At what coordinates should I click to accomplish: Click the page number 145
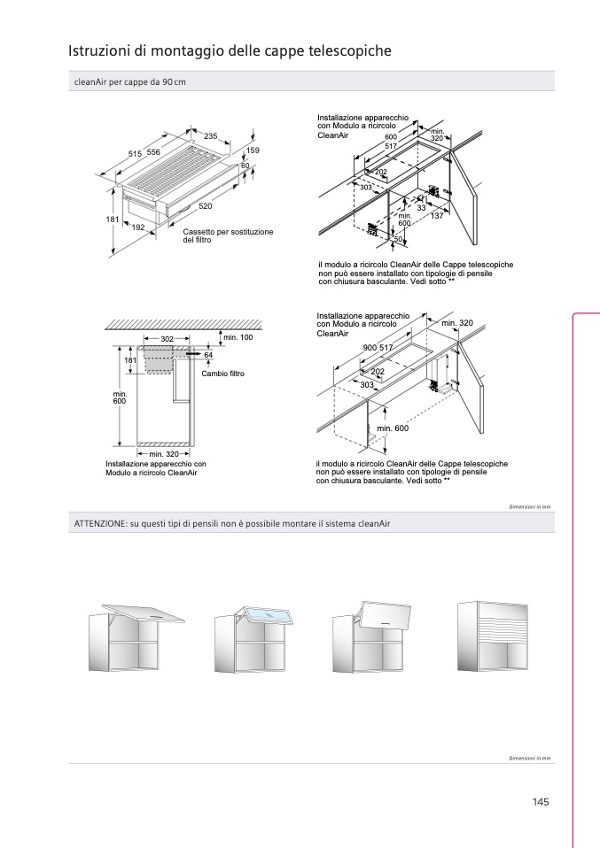click(541, 802)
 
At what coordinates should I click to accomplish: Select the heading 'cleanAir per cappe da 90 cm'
click(130, 82)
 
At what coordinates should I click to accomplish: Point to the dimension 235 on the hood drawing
click(211, 136)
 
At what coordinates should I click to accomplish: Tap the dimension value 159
click(253, 150)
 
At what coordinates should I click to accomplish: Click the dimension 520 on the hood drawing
click(206, 206)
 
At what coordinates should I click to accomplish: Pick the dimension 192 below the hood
click(138, 227)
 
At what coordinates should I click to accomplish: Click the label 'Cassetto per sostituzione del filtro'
click(228, 235)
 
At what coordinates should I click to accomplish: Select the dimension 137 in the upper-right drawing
click(437, 216)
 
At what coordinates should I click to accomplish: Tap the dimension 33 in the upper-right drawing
click(421, 207)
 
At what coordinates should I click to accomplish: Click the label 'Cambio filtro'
click(223, 374)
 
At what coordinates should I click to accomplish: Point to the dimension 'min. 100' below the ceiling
click(238, 337)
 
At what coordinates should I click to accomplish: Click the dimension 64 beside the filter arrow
click(208, 355)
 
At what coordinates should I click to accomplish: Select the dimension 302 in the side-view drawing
click(167, 339)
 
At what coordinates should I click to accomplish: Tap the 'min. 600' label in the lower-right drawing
click(394, 428)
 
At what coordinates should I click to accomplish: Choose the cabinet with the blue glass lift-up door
click(254, 639)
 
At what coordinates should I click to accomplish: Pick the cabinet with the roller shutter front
click(492, 636)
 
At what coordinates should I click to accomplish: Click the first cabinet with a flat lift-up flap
click(136, 637)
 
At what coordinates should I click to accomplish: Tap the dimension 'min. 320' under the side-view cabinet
click(164, 454)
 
